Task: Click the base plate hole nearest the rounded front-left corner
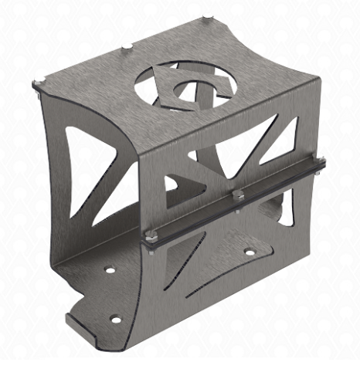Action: point(116,319)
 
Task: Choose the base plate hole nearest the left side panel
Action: point(110,271)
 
